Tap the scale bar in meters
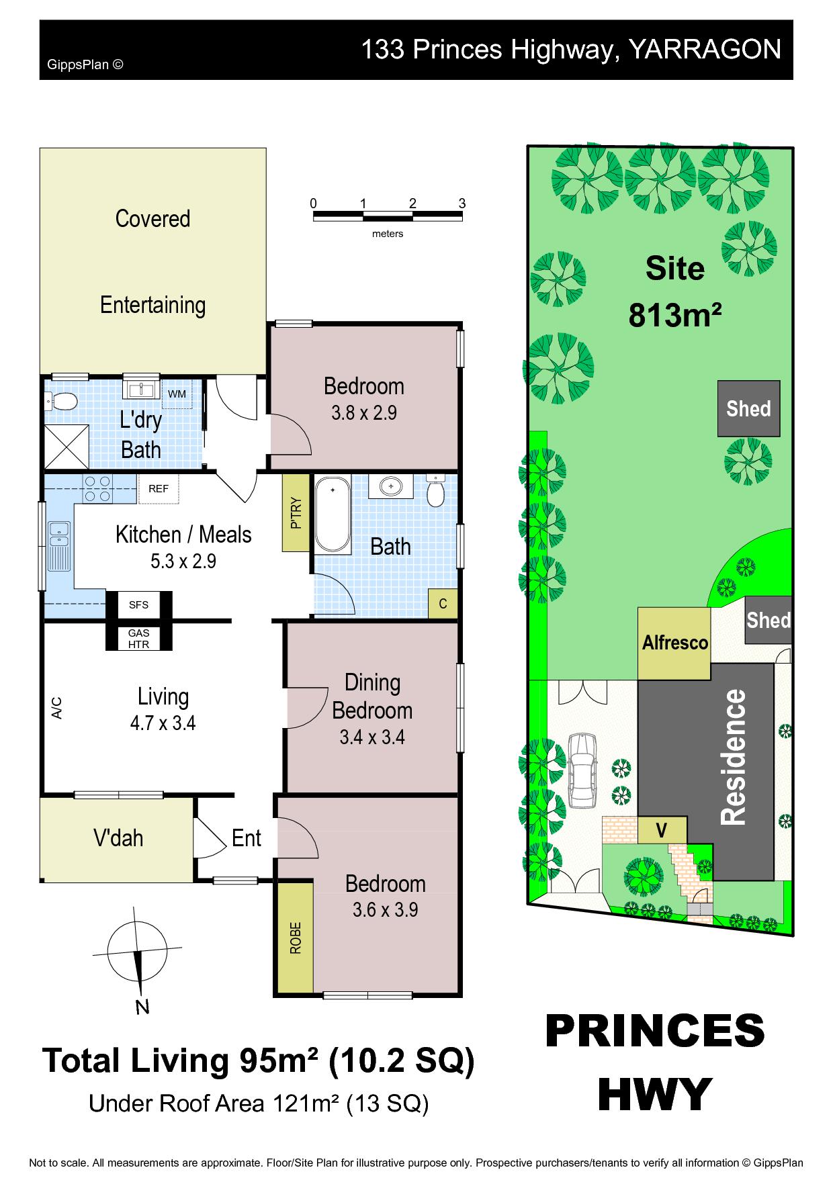coord(388,216)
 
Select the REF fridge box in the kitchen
coord(159,489)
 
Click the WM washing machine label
coord(177,394)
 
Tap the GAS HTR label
coord(139,639)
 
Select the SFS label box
coord(139,604)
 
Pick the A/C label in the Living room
coord(57,708)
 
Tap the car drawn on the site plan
coord(581,770)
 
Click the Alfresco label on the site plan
coord(674,643)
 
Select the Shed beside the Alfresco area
coord(769,621)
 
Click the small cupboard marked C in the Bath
coord(443,603)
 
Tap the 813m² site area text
coord(675,314)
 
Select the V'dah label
coord(118,838)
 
